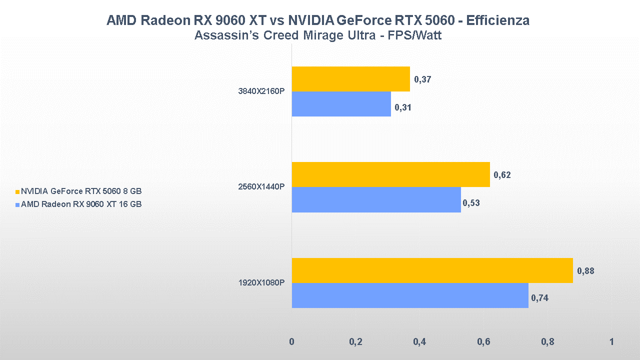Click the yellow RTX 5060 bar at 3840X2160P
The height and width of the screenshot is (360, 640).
point(350,79)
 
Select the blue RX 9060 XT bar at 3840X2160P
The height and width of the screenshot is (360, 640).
point(341,104)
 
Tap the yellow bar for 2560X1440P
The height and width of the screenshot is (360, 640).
point(390,174)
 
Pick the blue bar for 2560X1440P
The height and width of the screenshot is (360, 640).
point(376,199)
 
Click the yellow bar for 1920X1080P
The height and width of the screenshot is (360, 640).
point(432,270)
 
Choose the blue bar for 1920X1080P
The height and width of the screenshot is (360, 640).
point(410,295)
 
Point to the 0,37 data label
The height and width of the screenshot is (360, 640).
point(423,79)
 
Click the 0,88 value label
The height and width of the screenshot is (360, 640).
point(585,271)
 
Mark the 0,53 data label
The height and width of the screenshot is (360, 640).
point(471,203)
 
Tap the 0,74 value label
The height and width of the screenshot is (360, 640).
point(539,298)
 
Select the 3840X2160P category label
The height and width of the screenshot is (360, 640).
point(261,91)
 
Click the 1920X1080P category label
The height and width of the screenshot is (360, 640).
point(261,283)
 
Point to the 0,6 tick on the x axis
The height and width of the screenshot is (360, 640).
point(483,342)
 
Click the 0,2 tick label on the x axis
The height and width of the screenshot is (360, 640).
point(355,342)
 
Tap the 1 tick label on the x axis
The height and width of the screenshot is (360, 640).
point(611,342)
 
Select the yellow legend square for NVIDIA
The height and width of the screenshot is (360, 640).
point(17,191)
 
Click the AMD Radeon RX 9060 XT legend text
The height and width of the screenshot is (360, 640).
point(81,204)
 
